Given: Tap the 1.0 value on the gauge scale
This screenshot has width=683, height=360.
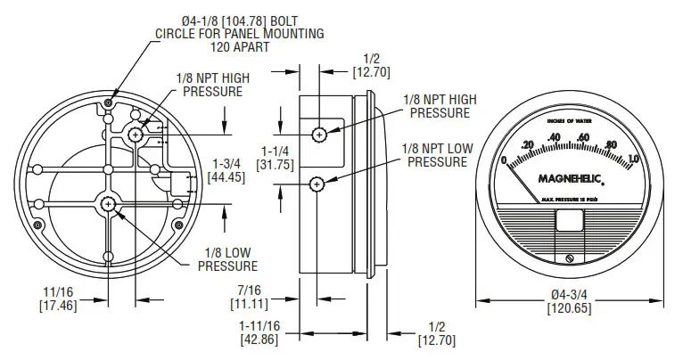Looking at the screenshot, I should tap(633, 160).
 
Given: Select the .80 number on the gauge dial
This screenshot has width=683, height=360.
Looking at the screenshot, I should tap(612, 144).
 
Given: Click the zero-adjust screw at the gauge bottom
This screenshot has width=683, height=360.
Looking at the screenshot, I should tap(570, 258).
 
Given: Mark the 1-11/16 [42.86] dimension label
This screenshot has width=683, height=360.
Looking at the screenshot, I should tap(258, 334).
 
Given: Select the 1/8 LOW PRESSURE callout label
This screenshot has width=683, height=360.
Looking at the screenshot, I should tap(226, 259).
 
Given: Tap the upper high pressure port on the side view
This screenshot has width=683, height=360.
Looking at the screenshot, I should tap(319, 134).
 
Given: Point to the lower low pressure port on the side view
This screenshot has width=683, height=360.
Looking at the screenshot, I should tap(317, 184).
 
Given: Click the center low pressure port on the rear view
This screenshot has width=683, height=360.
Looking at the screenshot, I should tap(108, 204).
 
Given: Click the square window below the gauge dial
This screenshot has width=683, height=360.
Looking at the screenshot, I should tap(570, 221).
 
